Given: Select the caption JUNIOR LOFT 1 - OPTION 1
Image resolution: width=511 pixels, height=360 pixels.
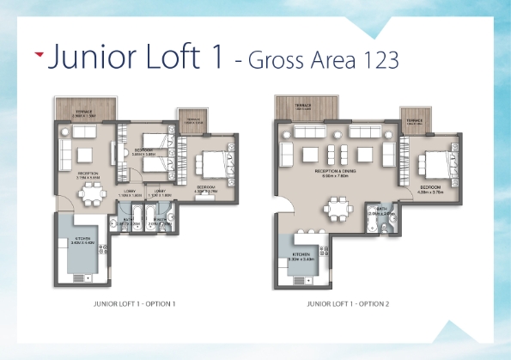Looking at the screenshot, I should click(x=135, y=303).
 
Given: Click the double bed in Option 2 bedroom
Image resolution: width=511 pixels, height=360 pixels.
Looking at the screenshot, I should click(x=430, y=162).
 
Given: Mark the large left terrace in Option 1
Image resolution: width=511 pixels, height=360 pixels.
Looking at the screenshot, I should click(x=84, y=108).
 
